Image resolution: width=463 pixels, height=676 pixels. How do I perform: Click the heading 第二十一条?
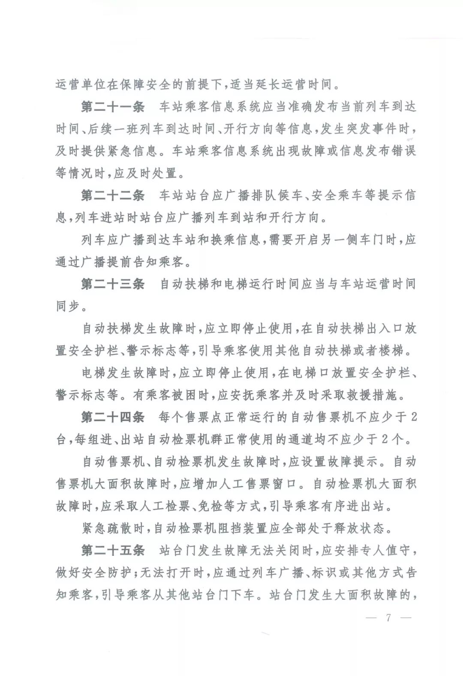click(x=113, y=107)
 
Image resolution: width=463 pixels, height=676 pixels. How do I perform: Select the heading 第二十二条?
click(x=113, y=196)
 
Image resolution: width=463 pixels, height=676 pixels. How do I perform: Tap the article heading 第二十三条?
click(x=113, y=284)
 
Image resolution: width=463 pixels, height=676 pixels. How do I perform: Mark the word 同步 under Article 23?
click(x=68, y=306)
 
